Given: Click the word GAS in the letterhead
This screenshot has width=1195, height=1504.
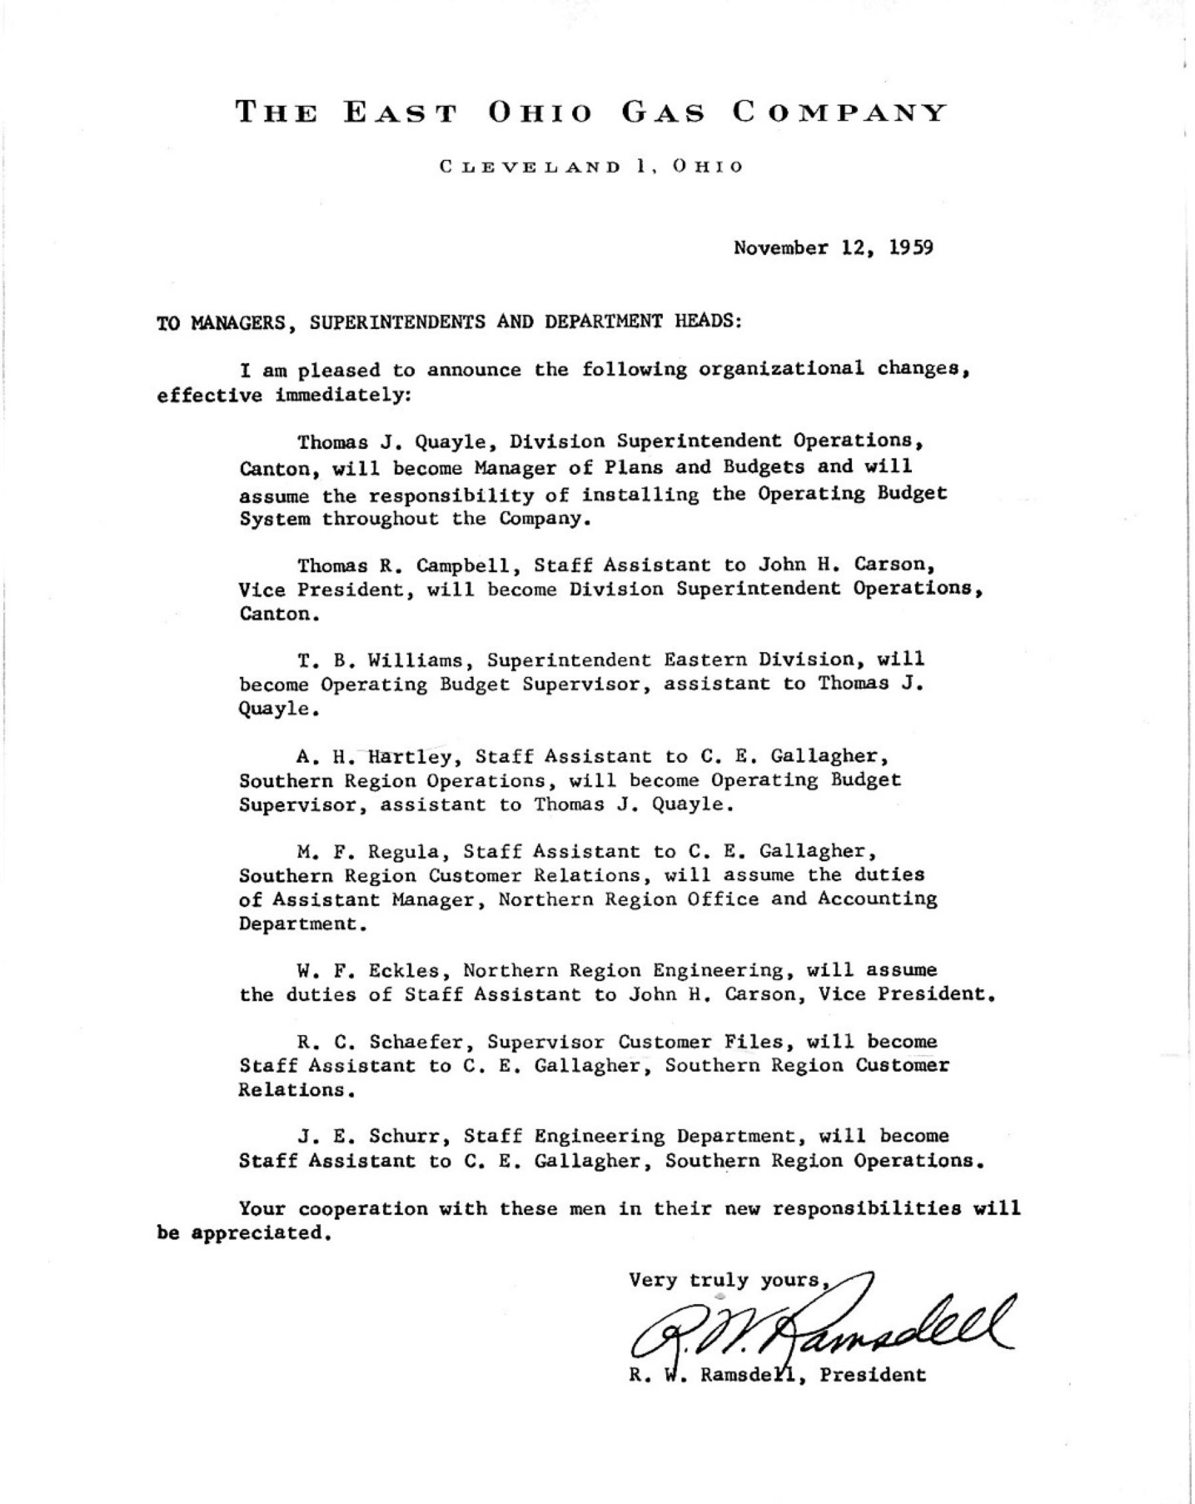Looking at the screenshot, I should click(x=663, y=113).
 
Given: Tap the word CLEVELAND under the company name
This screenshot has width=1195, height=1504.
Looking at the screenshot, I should click(x=530, y=167).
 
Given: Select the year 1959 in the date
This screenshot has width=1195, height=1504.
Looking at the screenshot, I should click(x=911, y=248).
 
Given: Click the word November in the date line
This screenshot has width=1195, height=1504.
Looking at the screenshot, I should click(x=780, y=248).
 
